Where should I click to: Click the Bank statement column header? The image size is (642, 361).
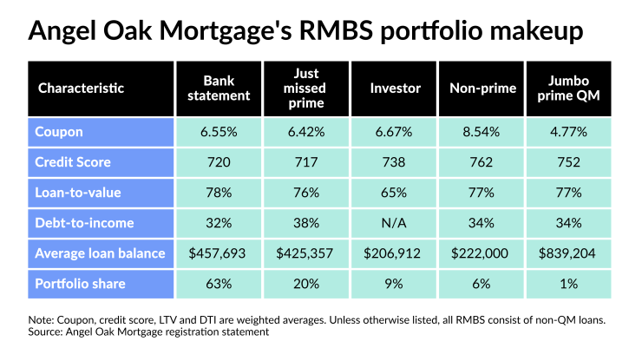tap(219, 88)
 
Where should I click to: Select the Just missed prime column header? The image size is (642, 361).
tap(306, 88)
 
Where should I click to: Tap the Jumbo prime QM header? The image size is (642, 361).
tap(569, 88)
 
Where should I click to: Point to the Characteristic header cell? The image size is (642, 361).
tap(82, 88)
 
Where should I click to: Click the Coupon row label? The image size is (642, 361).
tap(60, 132)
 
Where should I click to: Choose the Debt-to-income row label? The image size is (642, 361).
tap(84, 223)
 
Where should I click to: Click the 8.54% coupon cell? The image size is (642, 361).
tap(481, 132)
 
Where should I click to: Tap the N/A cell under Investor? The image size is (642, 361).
tap(395, 223)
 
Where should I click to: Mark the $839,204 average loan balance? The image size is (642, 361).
tap(569, 253)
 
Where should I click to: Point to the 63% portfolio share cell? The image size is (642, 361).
tap(219, 283)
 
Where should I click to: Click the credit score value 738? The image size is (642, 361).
tap(395, 162)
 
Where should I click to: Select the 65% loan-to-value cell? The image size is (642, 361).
tap(395, 193)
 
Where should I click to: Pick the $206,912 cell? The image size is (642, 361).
tap(395, 253)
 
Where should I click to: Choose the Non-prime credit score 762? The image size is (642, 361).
tap(481, 162)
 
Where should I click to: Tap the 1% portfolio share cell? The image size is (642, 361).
tap(569, 283)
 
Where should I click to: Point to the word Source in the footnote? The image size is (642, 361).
tap(49, 331)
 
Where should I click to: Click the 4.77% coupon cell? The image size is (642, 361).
tap(569, 132)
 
